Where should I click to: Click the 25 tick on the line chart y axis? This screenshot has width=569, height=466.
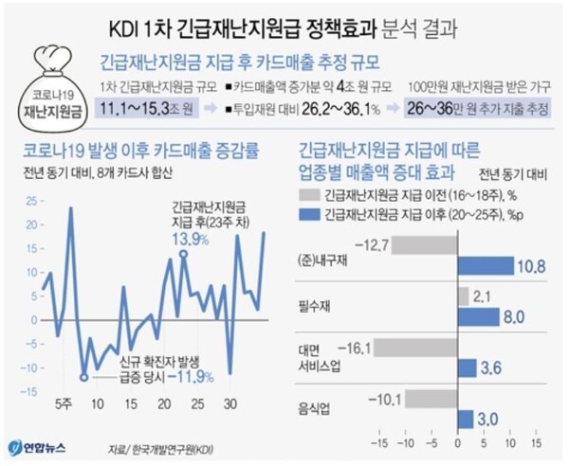point(32,202)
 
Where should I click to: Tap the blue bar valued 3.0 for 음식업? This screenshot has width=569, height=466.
point(465,419)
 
